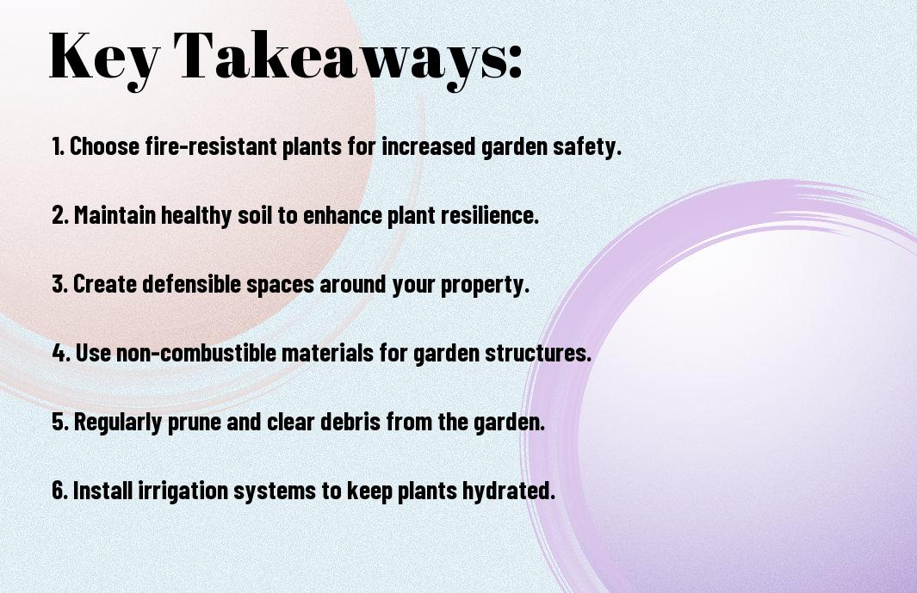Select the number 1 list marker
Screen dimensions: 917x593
(x=58, y=146)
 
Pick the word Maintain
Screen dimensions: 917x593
(x=115, y=215)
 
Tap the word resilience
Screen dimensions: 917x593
(x=489, y=215)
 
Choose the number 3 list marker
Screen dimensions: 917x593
(x=59, y=284)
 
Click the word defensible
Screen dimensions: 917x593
(x=192, y=284)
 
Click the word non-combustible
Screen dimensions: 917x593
(x=196, y=353)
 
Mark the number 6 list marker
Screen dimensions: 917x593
(x=60, y=491)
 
